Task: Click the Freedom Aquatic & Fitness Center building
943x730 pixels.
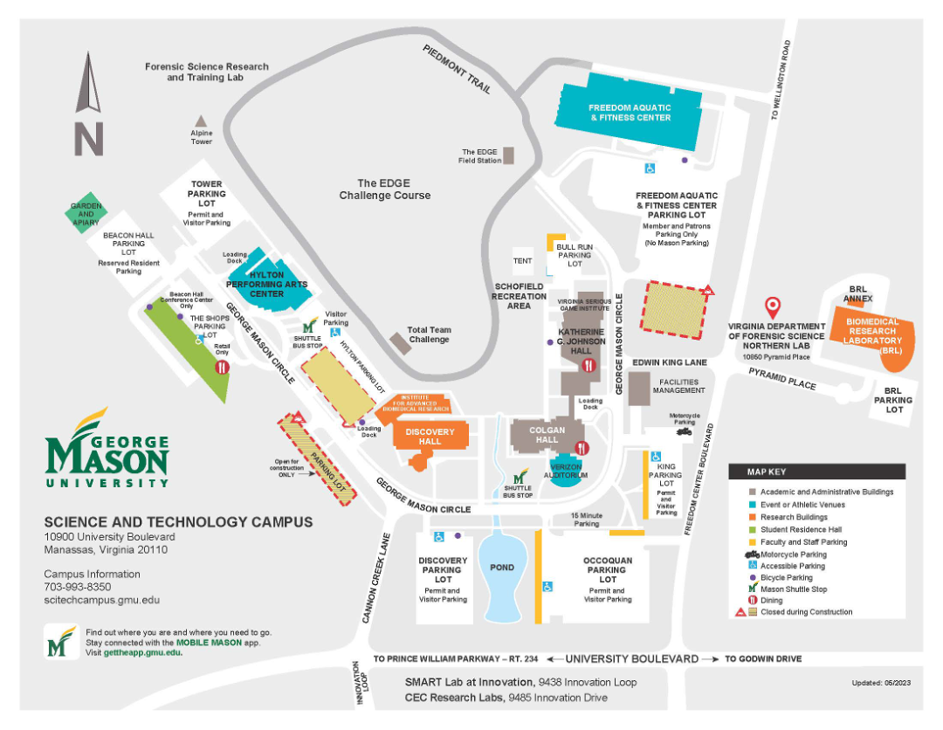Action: pyautogui.click(x=630, y=112)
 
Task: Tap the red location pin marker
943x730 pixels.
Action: pyautogui.click(x=772, y=307)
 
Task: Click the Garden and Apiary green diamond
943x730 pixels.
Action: pyautogui.click(x=86, y=213)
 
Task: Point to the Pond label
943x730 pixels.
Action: pyautogui.click(x=501, y=568)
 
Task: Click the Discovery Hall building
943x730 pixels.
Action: pyautogui.click(x=430, y=437)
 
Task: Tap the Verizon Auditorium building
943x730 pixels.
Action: pyautogui.click(x=565, y=471)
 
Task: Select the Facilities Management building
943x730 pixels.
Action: pyautogui.click(x=639, y=388)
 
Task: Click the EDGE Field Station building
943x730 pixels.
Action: pyautogui.click(x=508, y=155)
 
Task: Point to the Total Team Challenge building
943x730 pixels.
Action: pyautogui.click(x=400, y=342)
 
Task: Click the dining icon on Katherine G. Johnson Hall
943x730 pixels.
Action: pyautogui.click(x=590, y=366)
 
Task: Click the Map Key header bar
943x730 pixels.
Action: pyautogui.click(x=816, y=472)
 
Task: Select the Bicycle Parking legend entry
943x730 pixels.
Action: pyautogui.click(x=785, y=578)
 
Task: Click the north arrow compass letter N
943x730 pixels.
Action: pyautogui.click(x=88, y=139)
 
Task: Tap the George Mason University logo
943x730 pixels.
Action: pyautogui.click(x=107, y=450)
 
